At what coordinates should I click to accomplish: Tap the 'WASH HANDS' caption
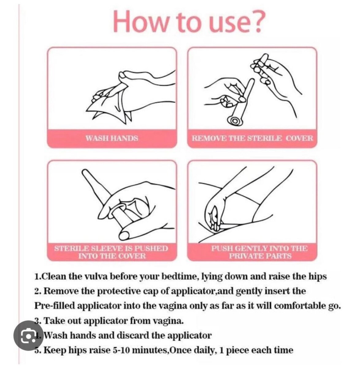click(112, 138)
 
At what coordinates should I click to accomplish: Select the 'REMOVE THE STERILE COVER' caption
click(252, 138)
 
